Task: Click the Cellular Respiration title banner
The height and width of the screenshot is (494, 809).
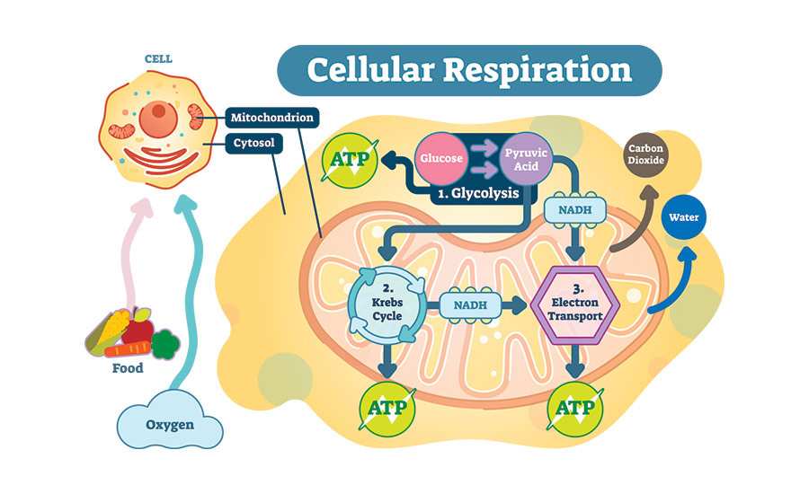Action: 468,71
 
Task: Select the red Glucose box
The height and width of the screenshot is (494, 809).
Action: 441,159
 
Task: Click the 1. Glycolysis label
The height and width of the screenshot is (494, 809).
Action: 478,192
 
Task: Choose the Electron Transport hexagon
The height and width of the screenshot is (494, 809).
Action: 574,304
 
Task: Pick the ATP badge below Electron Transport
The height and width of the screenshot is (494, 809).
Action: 574,409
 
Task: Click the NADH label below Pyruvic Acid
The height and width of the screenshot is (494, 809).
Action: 574,210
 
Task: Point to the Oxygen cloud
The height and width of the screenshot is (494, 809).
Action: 170,423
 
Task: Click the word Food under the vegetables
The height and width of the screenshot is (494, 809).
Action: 127,368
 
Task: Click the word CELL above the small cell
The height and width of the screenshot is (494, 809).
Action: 158,59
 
